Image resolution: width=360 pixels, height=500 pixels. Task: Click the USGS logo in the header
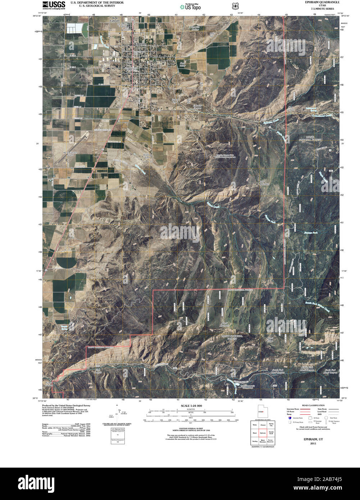[54, 5]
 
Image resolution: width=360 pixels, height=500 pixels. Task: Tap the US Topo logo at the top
[191, 6]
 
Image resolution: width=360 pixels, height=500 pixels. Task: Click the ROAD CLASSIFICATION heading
[311, 405]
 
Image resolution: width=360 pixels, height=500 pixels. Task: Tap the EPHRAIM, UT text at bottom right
[310, 440]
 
